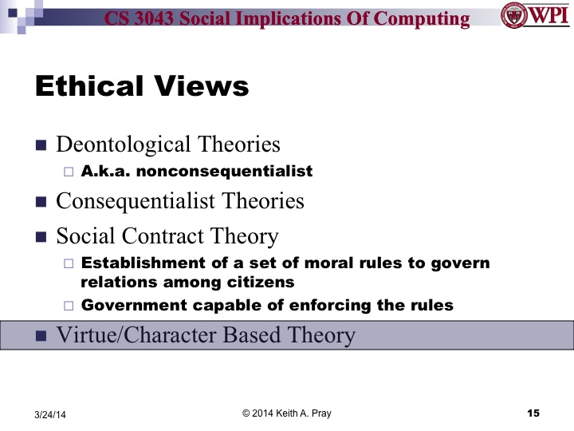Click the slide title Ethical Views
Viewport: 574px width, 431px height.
pyautogui.click(x=142, y=86)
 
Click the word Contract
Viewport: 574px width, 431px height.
pyautogui.click(x=159, y=236)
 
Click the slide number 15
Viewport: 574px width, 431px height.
pyautogui.click(x=533, y=412)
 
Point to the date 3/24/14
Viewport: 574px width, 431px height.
pyautogui.click(x=50, y=413)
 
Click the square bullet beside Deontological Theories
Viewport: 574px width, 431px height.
pyautogui.click(x=41, y=146)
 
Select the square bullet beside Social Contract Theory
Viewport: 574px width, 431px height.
pyautogui.click(x=41, y=238)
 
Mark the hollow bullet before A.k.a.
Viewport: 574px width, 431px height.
pyautogui.click(x=68, y=172)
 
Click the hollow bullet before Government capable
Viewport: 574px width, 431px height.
pyautogui.click(x=68, y=305)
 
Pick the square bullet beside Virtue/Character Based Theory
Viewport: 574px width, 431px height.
pyautogui.click(x=41, y=336)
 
